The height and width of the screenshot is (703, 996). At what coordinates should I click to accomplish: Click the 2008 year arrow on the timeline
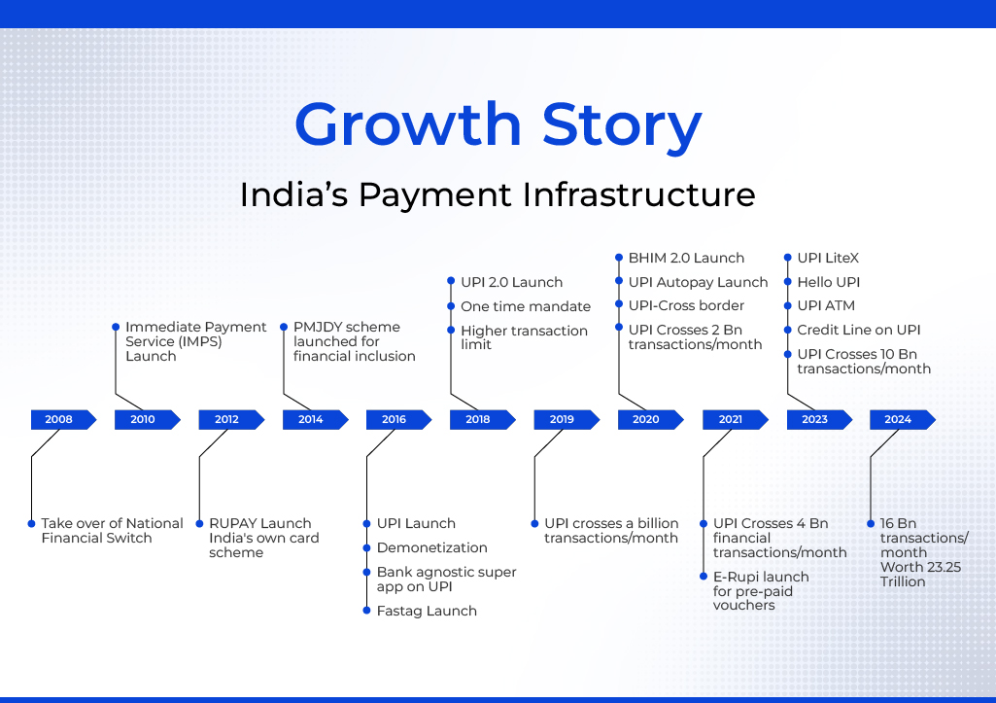click(63, 419)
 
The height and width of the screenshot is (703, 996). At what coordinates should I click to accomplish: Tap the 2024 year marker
click(903, 419)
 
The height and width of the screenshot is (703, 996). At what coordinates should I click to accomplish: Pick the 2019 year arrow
click(567, 419)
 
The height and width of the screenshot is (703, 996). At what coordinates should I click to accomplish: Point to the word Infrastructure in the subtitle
click(639, 194)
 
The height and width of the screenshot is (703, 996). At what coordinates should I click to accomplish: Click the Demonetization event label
click(432, 547)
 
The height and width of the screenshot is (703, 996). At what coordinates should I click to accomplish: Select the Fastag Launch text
click(427, 611)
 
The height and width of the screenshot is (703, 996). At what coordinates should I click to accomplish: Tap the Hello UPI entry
click(828, 282)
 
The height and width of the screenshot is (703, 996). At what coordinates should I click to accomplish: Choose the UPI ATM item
click(826, 305)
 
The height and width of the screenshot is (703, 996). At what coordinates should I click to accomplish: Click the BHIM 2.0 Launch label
click(686, 258)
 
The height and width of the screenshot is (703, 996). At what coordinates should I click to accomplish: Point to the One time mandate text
click(526, 306)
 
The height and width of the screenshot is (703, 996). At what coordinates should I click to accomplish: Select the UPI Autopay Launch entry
click(698, 282)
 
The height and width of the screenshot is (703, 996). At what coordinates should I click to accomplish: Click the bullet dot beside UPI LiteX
click(788, 258)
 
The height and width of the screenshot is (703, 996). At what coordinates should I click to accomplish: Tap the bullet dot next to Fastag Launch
click(366, 611)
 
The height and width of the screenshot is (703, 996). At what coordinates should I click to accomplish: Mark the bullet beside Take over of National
click(31, 524)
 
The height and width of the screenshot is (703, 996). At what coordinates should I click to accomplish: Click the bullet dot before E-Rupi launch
click(704, 577)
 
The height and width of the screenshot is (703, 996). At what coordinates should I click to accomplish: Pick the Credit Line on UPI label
click(859, 330)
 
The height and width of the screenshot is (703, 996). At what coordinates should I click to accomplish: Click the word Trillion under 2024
click(903, 581)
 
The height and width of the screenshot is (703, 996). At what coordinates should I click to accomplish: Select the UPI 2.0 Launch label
click(512, 282)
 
